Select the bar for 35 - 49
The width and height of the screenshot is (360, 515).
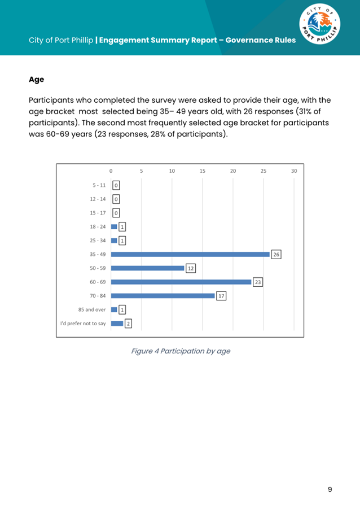[190, 254]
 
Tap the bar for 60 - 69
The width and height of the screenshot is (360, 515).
[181, 282]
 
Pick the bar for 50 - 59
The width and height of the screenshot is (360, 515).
[147, 268]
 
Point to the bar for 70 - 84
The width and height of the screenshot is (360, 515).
[163, 295]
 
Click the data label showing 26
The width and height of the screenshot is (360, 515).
[276, 255]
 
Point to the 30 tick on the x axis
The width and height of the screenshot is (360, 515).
[294, 171]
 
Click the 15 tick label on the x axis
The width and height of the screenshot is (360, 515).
[203, 171]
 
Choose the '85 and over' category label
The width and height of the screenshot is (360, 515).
[92, 309]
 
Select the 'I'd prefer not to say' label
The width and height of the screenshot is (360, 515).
[83, 324]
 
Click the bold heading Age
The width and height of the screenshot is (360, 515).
[36, 80]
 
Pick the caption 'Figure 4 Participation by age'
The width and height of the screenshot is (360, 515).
[180, 351]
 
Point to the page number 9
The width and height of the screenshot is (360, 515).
[330, 489]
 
